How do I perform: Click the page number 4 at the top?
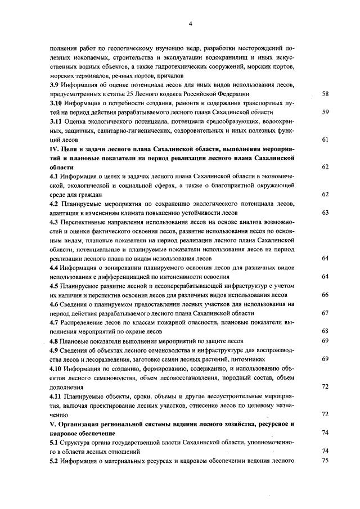click(191, 24)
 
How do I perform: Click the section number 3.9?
click(56, 84)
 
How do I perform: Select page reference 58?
click(325, 93)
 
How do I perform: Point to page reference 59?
click(325, 112)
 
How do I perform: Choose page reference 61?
click(325, 139)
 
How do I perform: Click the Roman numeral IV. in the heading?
click(55, 148)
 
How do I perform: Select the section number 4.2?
click(56, 204)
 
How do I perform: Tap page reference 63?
click(325, 213)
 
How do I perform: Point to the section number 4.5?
click(56, 286)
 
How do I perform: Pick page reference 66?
click(325, 295)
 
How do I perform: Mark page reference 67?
click(325, 313)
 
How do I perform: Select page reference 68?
click(325, 331)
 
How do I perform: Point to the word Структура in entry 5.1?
click(82, 442)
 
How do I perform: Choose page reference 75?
click(325, 460)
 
